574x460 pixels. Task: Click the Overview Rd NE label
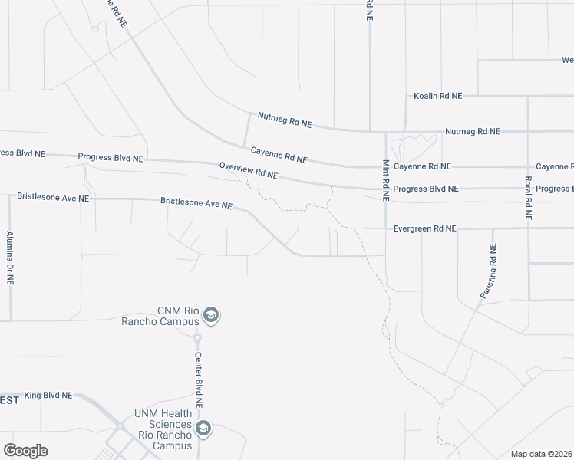click(x=248, y=170)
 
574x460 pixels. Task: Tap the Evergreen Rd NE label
click(x=424, y=228)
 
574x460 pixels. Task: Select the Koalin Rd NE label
click(x=437, y=96)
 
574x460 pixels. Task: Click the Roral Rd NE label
click(x=528, y=199)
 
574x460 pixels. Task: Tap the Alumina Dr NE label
click(x=10, y=258)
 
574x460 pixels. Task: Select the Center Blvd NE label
click(x=197, y=379)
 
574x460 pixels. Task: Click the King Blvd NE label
click(x=48, y=396)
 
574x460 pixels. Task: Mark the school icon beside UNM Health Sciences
click(x=203, y=428)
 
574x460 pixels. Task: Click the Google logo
click(x=25, y=451)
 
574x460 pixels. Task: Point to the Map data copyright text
click(x=541, y=454)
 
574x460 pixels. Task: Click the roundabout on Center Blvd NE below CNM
click(x=197, y=337)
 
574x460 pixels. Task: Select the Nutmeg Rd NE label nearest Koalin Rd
click(x=472, y=131)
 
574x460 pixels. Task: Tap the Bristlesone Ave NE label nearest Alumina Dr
click(x=53, y=198)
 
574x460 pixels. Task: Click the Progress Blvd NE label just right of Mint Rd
click(x=425, y=189)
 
